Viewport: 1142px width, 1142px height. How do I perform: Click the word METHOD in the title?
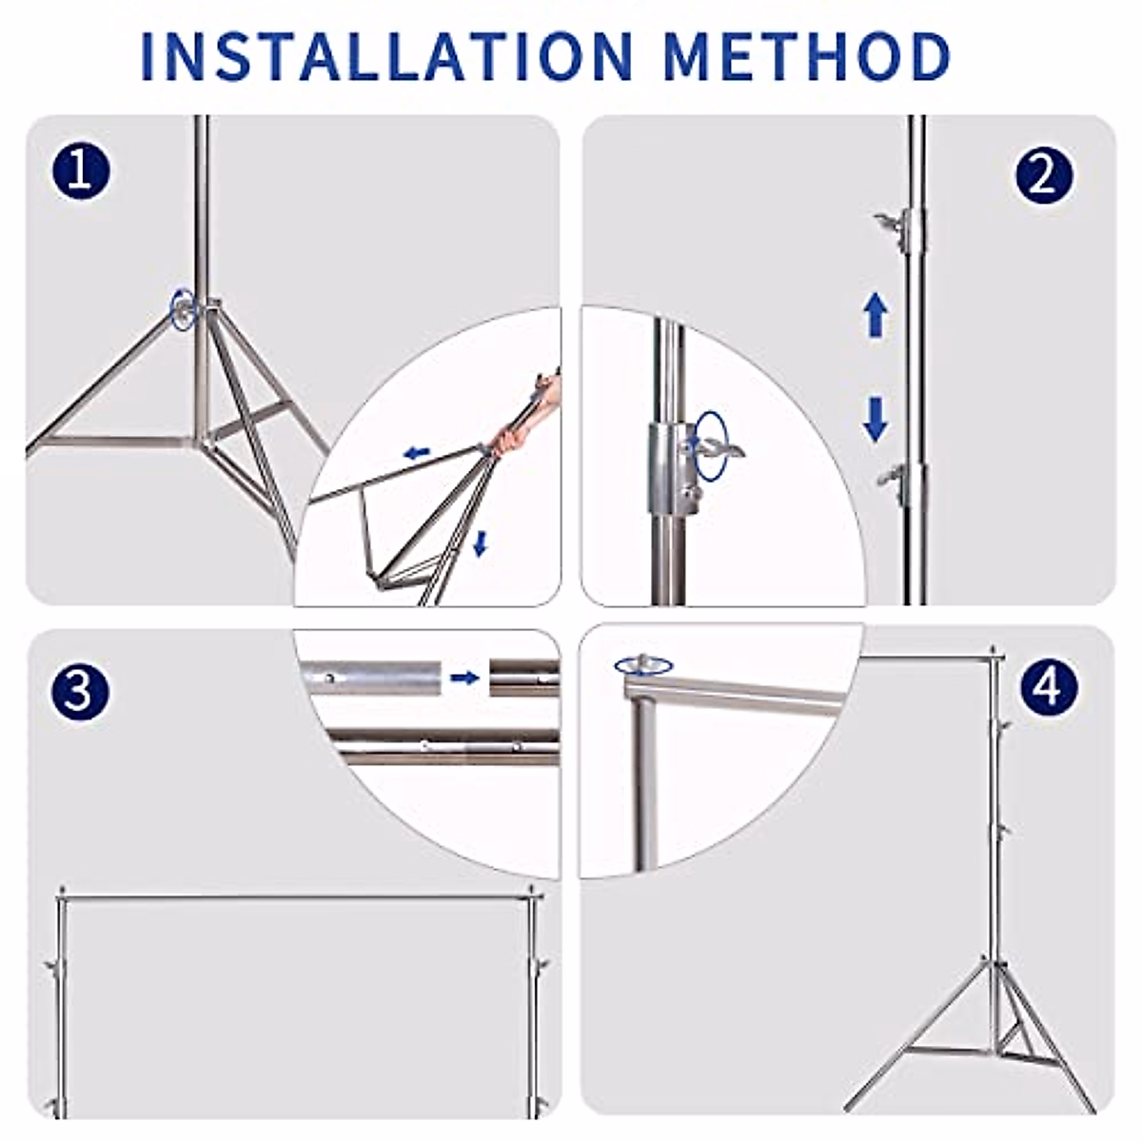point(807,57)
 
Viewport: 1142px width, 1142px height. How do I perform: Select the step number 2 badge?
point(1044,176)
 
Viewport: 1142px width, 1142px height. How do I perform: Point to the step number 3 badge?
point(79,691)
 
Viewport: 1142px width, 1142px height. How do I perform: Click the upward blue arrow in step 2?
point(876,317)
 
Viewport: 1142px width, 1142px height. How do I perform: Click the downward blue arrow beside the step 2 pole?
point(875,419)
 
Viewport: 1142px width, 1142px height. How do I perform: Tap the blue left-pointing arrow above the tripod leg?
point(416,454)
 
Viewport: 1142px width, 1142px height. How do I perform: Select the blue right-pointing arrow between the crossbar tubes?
point(464,677)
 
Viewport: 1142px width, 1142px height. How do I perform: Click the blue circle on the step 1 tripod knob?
point(182,307)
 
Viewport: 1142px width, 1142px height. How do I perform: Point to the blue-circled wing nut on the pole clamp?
point(714,444)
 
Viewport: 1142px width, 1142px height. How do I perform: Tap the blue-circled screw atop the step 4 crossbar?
point(643,665)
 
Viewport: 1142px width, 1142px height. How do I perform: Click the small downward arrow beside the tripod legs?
point(481,544)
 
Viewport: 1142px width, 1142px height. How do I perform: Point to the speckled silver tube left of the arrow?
point(371,677)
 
